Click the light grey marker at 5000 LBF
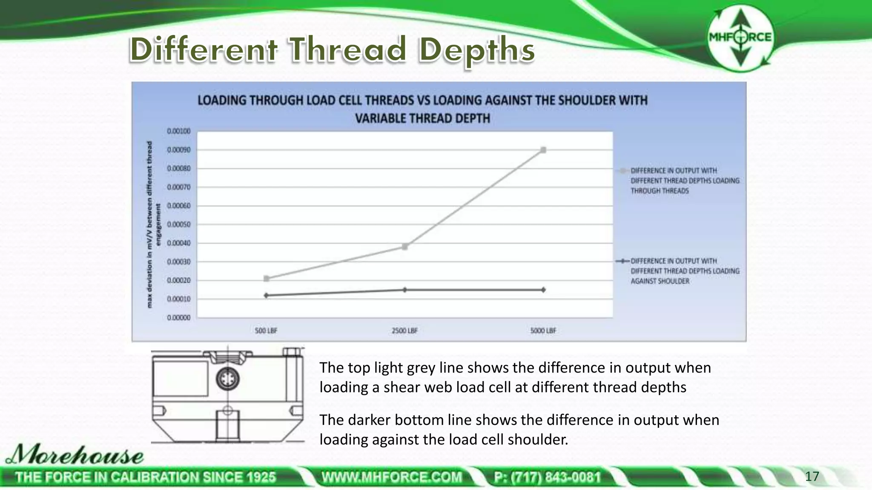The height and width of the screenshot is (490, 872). coord(543,150)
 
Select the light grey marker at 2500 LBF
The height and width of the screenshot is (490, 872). coord(404,247)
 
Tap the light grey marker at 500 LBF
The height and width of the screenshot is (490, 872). coord(266,279)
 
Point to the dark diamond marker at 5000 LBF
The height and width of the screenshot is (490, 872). coord(543,290)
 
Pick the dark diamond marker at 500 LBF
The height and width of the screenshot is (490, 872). coord(266,295)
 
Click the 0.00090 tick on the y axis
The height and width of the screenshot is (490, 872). coord(179,150)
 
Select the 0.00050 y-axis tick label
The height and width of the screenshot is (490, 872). coord(179,224)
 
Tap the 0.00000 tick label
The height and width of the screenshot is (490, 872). coord(179,318)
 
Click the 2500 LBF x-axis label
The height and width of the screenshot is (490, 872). coord(404,330)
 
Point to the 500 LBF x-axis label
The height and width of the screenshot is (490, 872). coord(266,330)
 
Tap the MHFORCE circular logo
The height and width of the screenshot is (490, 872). coord(740,37)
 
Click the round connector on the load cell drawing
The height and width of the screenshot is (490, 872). coord(227,379)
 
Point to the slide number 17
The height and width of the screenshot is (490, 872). coord(812,476)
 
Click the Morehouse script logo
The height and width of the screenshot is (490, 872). coord(75,455)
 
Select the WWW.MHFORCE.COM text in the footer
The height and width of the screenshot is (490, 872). coord(392,477)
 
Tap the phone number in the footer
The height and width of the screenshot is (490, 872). coord(547,477)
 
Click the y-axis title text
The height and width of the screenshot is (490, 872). coord(153,224)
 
